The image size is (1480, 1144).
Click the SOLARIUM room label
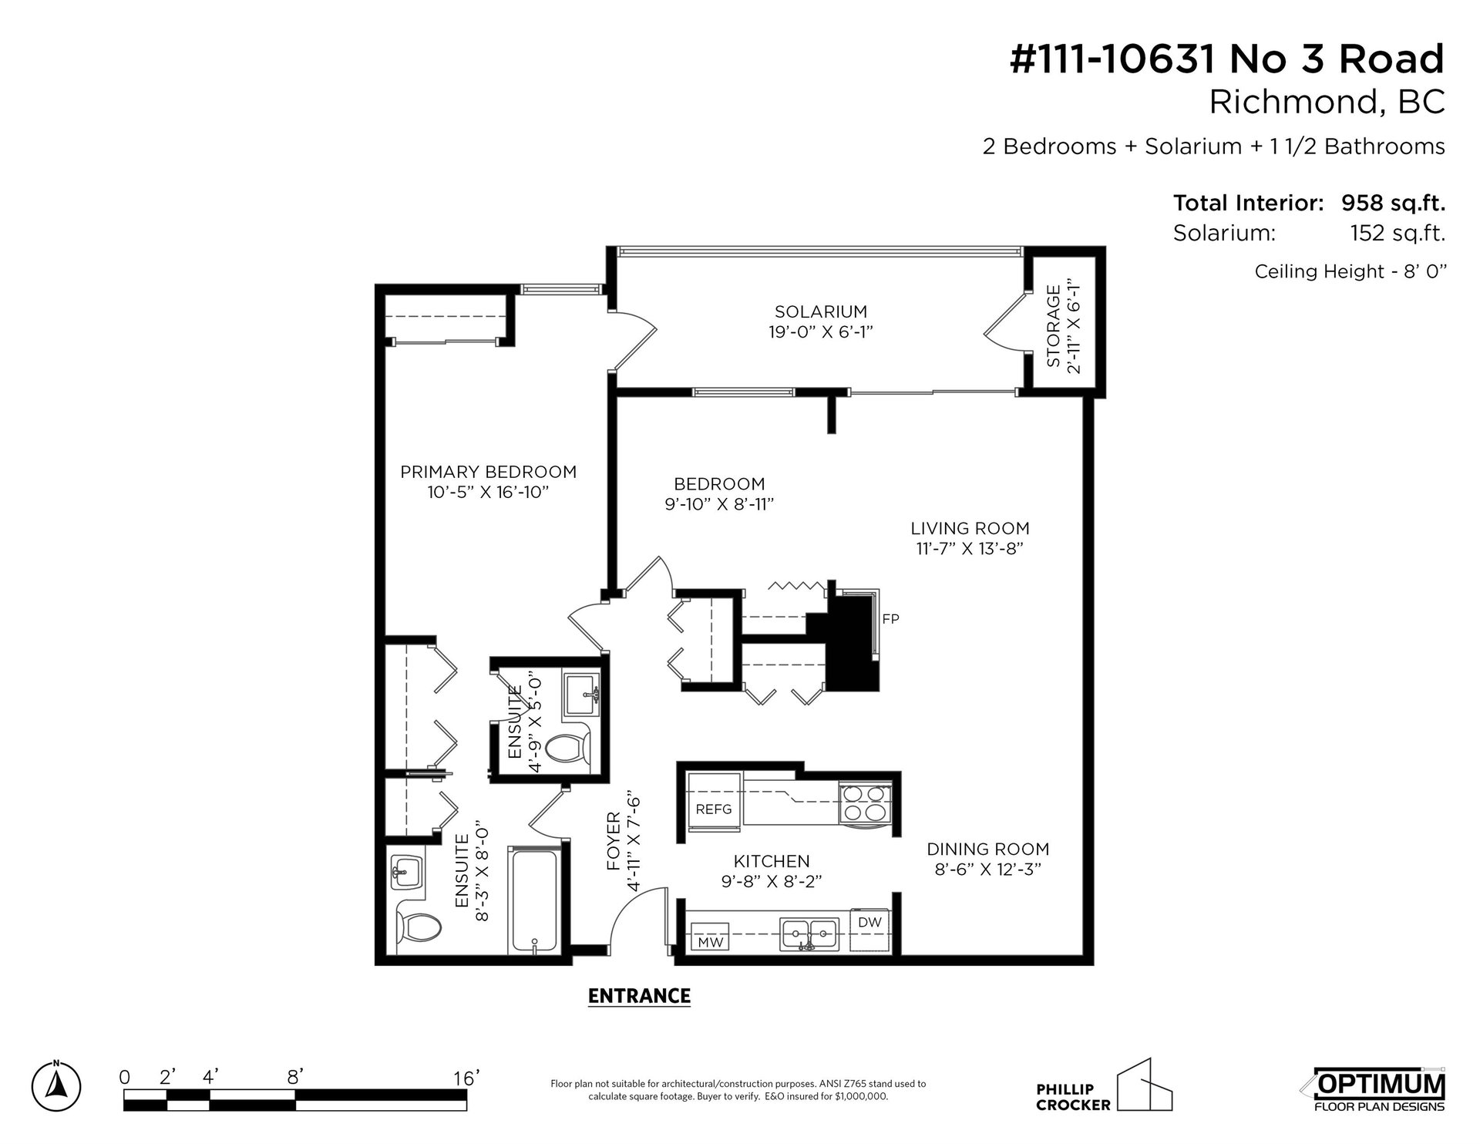[820, 311]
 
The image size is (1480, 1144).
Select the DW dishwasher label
[869, 922]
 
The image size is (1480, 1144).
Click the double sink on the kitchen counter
[809, 934]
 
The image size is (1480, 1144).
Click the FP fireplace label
[890, 618]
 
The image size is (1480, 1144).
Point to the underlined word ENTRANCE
[639, 996]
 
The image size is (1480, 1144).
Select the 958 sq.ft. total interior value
[1393, 204]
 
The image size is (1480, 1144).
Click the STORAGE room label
[1054, 326]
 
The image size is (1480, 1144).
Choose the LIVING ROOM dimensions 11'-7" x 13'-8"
[970, 549]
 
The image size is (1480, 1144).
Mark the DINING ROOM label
[987, 849]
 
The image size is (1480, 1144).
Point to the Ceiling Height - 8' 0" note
[1350, 271]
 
